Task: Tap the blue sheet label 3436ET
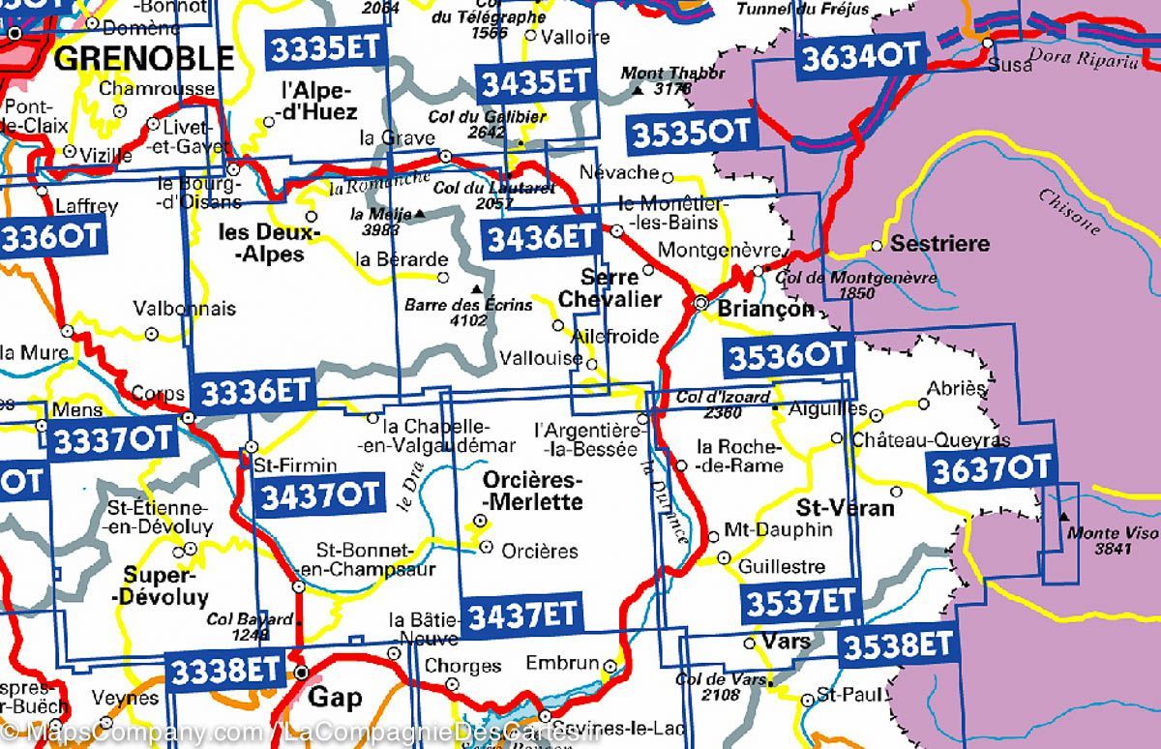(540, 237)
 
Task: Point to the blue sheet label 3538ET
(897, 644)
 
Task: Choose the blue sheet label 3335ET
(326, 47)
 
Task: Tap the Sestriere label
(939, 244)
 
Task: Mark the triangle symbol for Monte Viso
(1064, 517)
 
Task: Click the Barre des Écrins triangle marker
(475, 288)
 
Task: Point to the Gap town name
(334, 697)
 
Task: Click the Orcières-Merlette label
(532, 492)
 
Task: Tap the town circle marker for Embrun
(610, 666)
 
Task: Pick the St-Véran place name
(831, 507)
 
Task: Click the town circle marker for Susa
(987, 44)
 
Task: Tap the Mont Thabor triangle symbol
(638, 91)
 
